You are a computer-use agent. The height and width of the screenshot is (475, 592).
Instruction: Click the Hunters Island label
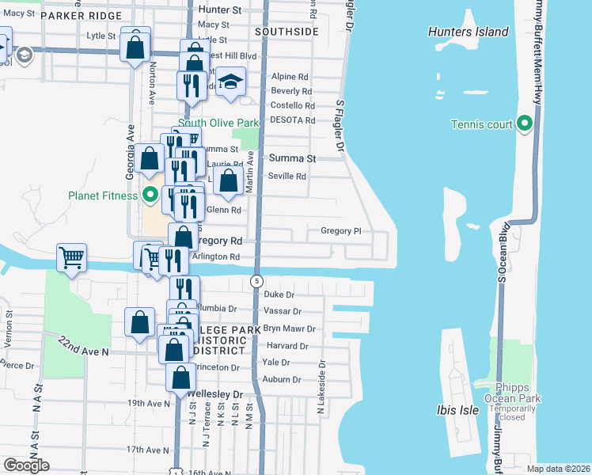[x=468, y=32]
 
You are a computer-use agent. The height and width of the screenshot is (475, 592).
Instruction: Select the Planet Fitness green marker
[x=149, y=196]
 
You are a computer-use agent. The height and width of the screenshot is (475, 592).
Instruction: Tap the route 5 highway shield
[x=256, y=281]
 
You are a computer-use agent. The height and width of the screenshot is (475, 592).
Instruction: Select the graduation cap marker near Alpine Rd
[x=230, y=83]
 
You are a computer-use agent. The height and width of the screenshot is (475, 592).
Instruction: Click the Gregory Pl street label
[x=340, y=231]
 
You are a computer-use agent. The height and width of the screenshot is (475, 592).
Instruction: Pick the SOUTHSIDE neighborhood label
[x=287, y=32]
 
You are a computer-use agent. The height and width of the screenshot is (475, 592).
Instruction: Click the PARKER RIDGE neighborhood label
[x=84, y=16]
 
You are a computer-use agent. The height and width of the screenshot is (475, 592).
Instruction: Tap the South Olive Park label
[x=218, y=123]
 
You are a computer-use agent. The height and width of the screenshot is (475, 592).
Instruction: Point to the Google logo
[x=26, y=465]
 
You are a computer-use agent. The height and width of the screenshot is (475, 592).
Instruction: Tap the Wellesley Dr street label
[x=214, y=393]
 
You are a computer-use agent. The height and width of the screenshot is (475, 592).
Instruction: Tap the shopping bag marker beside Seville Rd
[x=228, y=180]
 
